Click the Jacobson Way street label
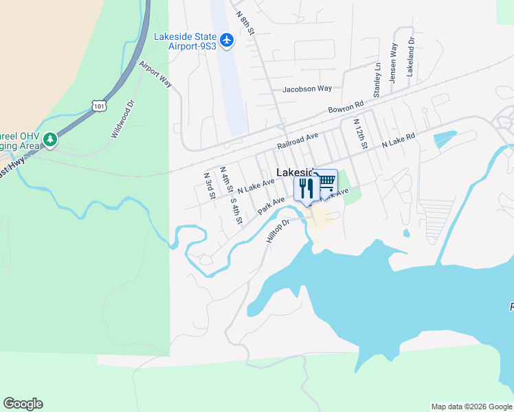coord(307,89)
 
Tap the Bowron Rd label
coord(346,108)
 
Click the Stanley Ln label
coord(377,80)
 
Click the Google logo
coord(23,404)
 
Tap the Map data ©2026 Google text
coord(471,407)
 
